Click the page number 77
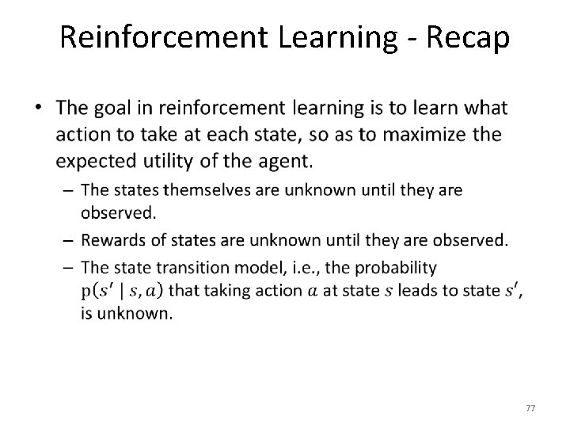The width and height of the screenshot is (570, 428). pos(531,407)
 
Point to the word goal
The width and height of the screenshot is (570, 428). pos(120,108)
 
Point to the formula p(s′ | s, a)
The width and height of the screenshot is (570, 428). pos(122,290)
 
